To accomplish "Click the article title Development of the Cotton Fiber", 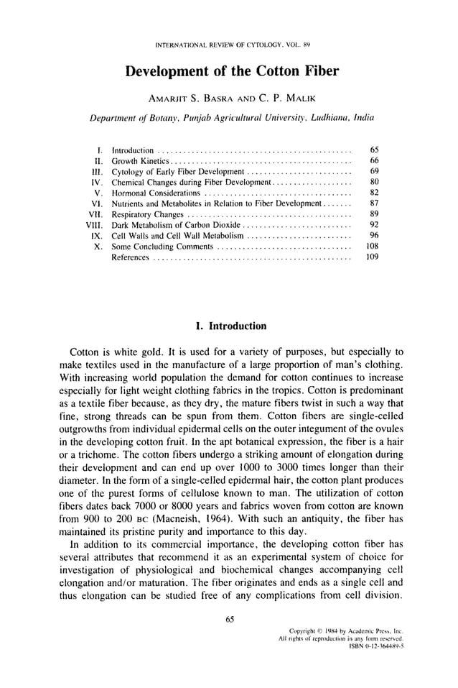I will click(x=231, y=72).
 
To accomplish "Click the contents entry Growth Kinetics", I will click(x=139, y=160).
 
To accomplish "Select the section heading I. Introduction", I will click(x=230, y=326).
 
